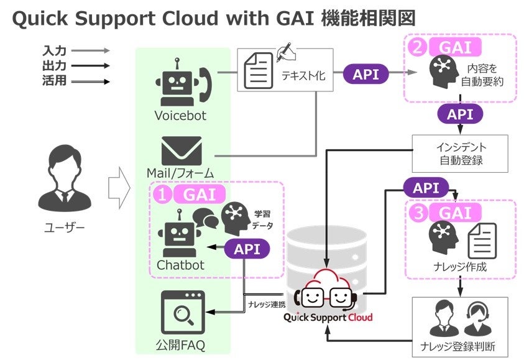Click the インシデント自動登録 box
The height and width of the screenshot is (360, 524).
pos(460,154)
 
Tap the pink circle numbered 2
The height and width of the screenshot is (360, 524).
pos(418,47)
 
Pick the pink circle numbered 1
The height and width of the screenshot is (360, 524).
pos(162,195)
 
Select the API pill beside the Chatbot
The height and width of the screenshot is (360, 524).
pos(247,249)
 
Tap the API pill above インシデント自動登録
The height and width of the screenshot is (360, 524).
pos(460,114)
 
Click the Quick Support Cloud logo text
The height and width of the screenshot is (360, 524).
pos(328,318)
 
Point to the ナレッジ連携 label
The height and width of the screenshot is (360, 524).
pos(266,304)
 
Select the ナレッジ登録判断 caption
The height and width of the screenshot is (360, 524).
pos(460,345)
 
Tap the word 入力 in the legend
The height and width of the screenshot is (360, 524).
pos(55,50)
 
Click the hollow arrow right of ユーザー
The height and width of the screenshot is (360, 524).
pos(118,184)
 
